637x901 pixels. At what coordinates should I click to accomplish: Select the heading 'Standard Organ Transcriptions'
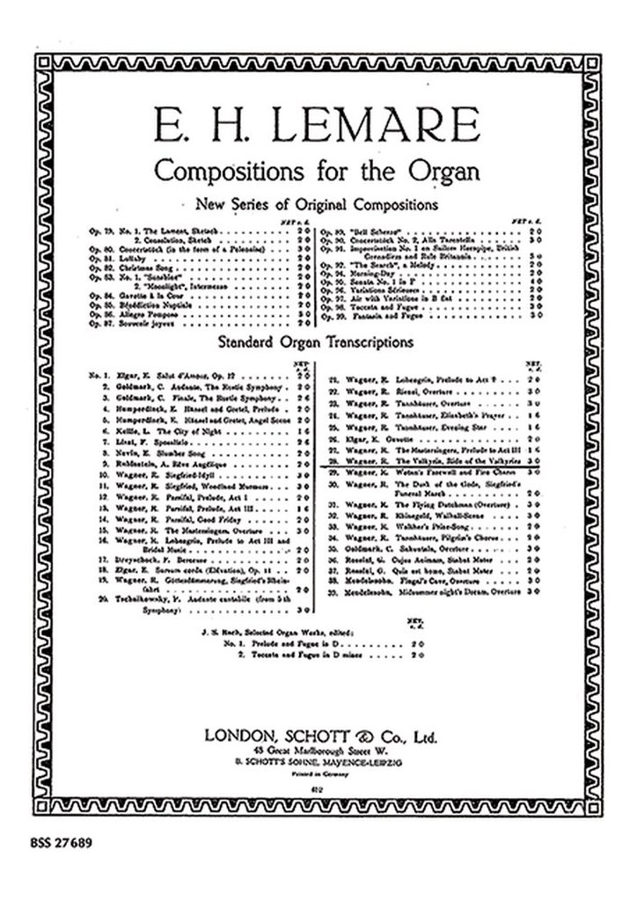[318, 339]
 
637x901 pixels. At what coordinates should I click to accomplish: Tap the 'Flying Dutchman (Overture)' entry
[414, 506]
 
